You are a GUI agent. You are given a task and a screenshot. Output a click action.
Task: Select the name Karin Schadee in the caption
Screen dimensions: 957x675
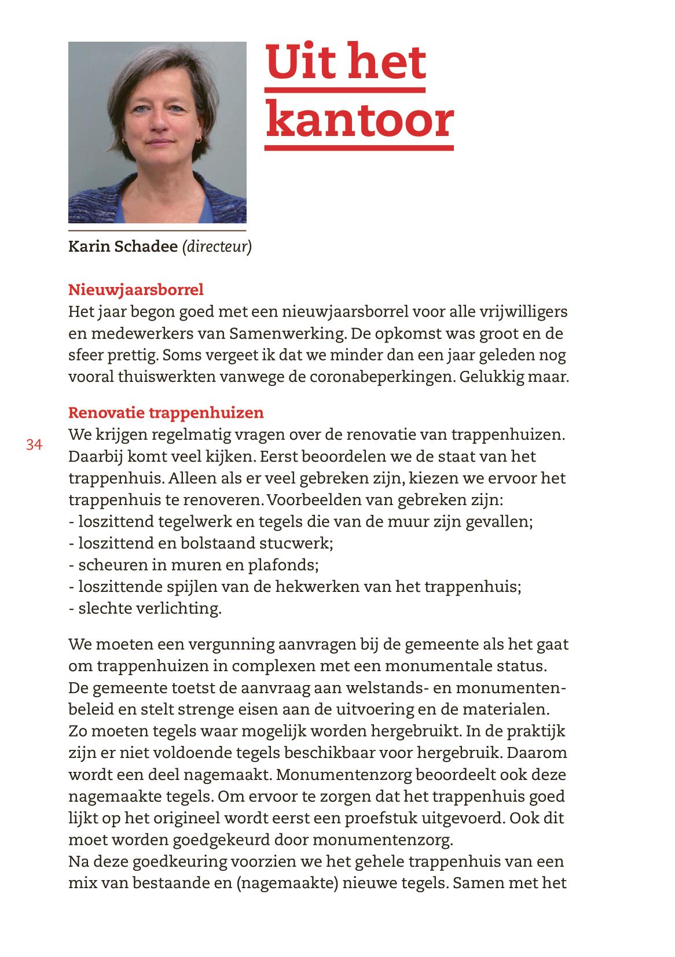(x=123, y=247)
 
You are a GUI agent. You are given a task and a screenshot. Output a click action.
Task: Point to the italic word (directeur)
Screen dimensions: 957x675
(x=217, y=247)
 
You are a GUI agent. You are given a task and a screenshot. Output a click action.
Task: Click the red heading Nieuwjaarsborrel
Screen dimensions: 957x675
(x=136, y=289)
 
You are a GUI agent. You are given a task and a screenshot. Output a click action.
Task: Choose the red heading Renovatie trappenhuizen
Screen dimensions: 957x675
(x=166, y=413)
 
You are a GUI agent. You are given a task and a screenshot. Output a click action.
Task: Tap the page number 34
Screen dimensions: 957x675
(x=34, y=445)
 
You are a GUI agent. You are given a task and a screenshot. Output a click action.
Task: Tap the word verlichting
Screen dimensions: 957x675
(x=178, y=609)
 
